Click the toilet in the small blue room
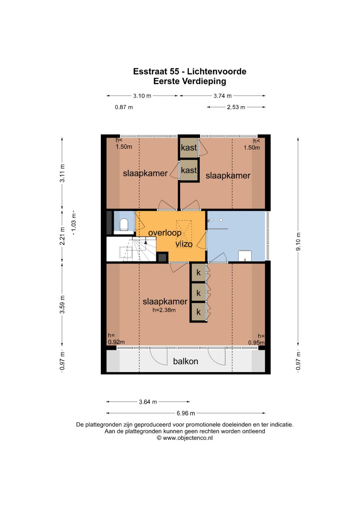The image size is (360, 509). tap(124, 225)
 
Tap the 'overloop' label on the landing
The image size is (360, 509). tap(165, 233)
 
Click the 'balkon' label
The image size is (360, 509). tap(185, 361)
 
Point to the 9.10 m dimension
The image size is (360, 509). tap(298, 242)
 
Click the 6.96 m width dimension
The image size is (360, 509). tap(186, 413)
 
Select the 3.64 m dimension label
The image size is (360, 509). tap(148, 402)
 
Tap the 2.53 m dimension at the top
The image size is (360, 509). tap(236, 107)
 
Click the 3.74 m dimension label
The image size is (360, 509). tap(222, 96)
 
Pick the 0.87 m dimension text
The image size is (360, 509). tap(124, 107)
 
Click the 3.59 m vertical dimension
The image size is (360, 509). tap(62, 304)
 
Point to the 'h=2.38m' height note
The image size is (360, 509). tap(164, 310)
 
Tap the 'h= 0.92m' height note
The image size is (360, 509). tap(116, 338)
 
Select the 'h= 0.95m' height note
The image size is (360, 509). tap(256, 339)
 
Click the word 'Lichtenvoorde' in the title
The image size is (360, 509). tap(217, 71)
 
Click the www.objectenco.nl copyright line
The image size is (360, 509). tap(185, 438)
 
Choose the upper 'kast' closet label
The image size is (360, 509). tap(189, 148)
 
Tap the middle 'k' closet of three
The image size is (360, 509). tap(198, 293)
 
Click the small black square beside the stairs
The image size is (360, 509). tap(162, 258)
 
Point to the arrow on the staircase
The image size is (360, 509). tap(146, 242)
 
